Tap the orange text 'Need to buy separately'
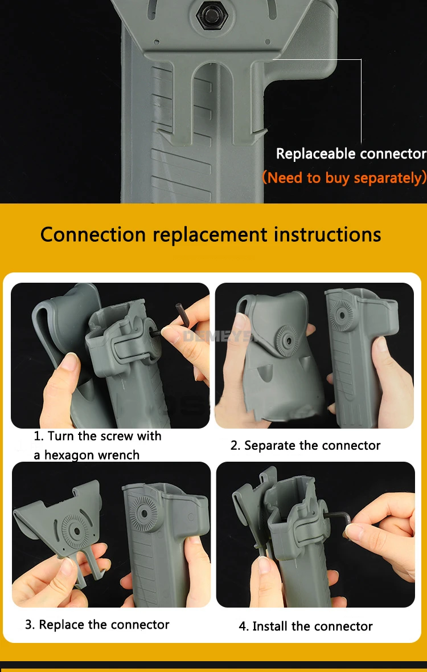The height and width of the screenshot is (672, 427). click(347, 177)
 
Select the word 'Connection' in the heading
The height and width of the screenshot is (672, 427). click(93, 234)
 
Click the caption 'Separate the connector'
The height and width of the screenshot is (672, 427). click(312, 446)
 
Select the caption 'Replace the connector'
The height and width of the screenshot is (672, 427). click(104, 625)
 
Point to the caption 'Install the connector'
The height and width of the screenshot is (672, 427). click(312, 626)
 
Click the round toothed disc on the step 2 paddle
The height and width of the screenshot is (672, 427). click(286, 343)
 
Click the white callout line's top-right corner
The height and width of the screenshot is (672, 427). click(361, 60)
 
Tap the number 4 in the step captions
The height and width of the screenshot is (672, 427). click(243, 626)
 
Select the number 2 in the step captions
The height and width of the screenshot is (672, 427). click(234, 446)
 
